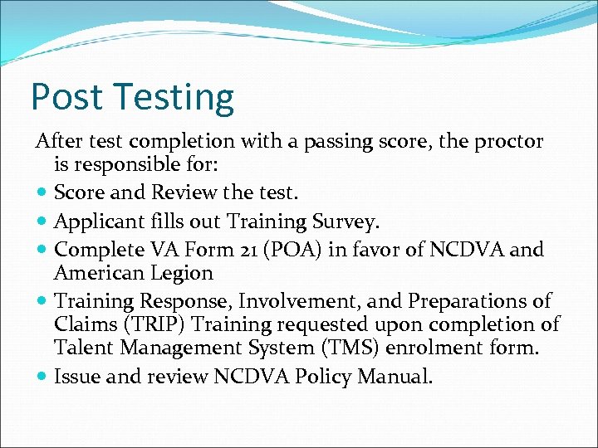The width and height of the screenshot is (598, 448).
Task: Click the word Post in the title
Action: click(66, 97)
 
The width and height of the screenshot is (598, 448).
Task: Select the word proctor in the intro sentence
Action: click(508, 142)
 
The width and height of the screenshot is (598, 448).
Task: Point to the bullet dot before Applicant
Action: click(42, 222)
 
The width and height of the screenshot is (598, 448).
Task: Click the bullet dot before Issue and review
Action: click(42, 377)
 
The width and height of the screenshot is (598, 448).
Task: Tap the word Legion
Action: click(183, 273)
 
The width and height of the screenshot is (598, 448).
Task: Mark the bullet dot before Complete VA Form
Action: click(42, 249)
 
